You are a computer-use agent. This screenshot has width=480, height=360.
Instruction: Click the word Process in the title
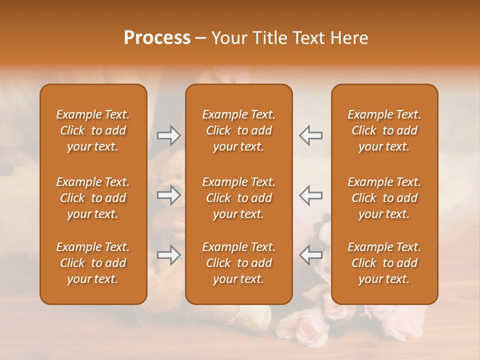coord(157,38)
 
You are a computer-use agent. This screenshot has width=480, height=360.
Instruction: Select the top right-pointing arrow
coord(168,135)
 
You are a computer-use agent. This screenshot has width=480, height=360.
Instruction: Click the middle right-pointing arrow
coord(168,195)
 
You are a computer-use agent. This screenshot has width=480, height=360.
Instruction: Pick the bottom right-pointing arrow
coord(168,255)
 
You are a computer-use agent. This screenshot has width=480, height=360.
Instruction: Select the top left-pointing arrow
coord(310,135)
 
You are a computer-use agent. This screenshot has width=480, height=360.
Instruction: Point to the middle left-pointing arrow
coord(310,195)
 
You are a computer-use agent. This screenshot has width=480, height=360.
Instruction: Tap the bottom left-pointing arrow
coord(310,255)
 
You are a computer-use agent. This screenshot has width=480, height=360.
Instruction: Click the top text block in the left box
coord(93,130)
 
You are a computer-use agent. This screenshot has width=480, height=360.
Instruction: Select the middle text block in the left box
coord(93,198)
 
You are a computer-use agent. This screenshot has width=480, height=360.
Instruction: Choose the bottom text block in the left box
coord(93,263)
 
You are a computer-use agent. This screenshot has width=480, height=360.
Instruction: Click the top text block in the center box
coord(239,130)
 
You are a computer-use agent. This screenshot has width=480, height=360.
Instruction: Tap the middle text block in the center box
coord(239,198)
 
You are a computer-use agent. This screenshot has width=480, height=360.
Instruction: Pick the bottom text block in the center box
coord(239,263)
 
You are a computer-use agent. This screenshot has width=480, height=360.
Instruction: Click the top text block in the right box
coord(384,130)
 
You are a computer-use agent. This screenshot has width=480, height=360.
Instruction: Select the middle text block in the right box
coord(384,198)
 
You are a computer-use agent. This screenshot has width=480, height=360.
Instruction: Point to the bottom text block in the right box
coord(384,263)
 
